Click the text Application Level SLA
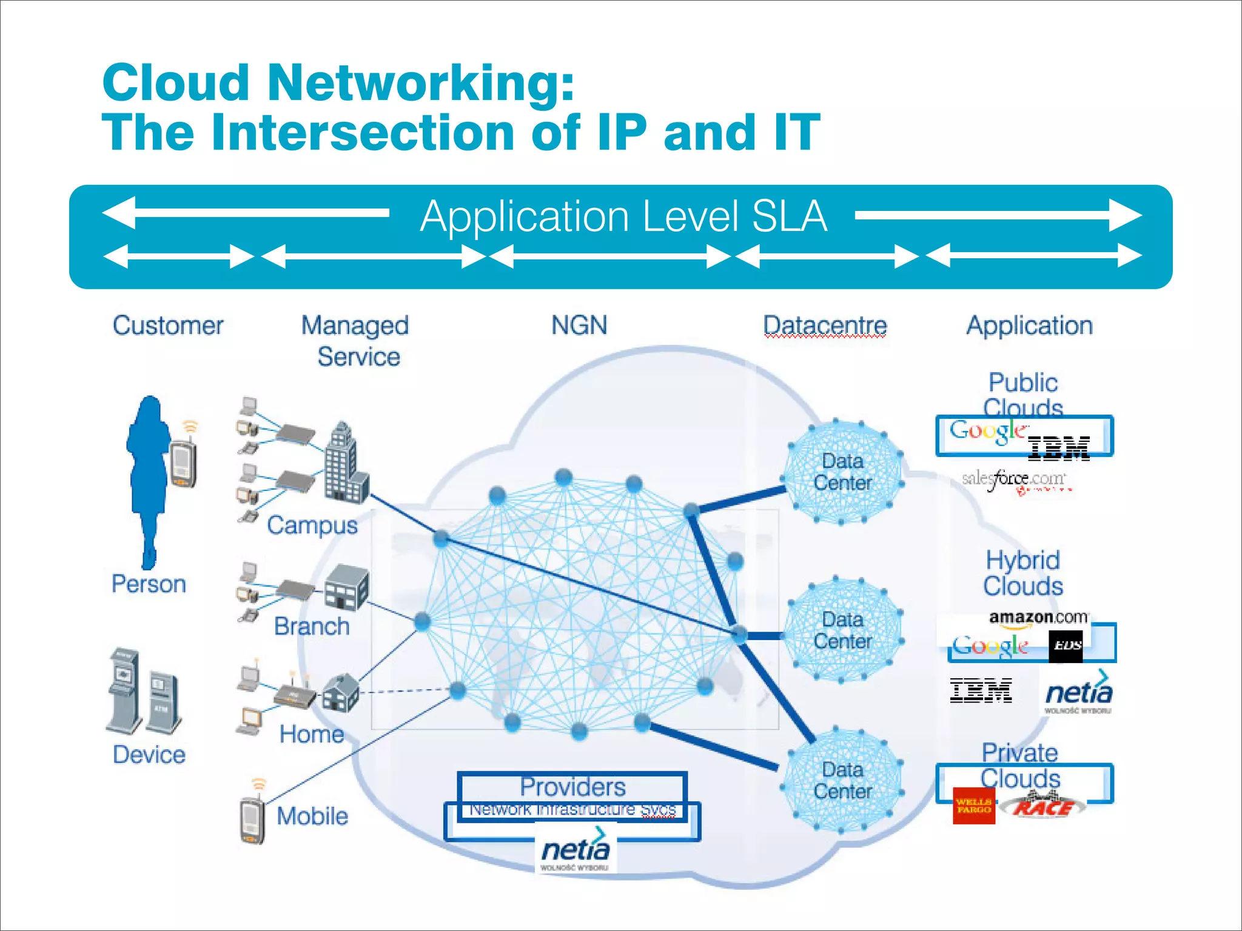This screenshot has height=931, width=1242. coord(623,216)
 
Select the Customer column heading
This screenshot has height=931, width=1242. coord(168,325)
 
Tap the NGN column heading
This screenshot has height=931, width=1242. coord(579,325)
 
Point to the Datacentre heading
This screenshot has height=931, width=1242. coord(825,325)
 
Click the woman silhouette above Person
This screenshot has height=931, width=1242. coord(149,479)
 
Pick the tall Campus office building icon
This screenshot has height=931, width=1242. coord(344,464)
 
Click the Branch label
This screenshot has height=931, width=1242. coord(312,626)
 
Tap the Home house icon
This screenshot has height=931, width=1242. coord(341,692)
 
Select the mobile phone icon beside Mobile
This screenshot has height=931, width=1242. coord(253,819)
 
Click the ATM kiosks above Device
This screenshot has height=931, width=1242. coord(144,693)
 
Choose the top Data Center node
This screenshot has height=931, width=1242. coord(842,472)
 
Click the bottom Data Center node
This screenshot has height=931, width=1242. coord(842,781)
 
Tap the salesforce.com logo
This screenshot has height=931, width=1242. coord(1013,480)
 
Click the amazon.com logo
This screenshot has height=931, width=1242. coord(1038,618)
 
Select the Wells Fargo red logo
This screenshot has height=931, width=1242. coord(974,806)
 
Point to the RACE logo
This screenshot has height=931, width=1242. coord(1043,806)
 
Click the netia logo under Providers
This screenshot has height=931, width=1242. coord(575,852)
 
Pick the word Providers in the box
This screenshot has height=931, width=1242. coord(572,787)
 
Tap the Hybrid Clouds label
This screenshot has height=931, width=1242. coord(1022,573)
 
